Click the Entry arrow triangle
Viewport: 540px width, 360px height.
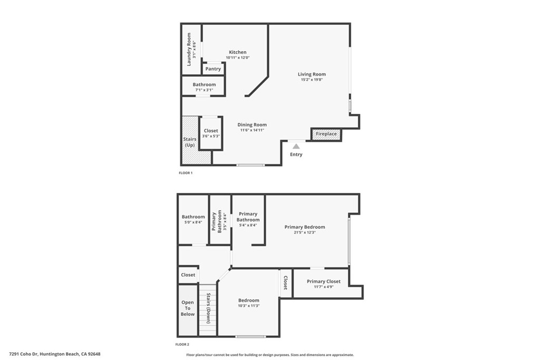pyautogui.click(x=296, y=147)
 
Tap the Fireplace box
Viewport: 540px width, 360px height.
pyautogui.click(x=326, y=134)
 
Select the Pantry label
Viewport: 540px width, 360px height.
pyautogui.click(x=213, y=69)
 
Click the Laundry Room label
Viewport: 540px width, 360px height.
pyautogui.click(x=189, y=49)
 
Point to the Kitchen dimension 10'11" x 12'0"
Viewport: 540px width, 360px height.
pyautogui.click(x=238, y=57)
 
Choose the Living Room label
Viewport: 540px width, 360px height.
pyautogui.click(x=312, y=74)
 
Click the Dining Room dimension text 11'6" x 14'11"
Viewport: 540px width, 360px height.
pyautogui.click(x=252, y=130)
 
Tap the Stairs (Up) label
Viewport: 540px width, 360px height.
pyautogui.click(x=190, y=142)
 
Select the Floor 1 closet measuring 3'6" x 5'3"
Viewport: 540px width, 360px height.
pyautogui.click(x=211, y=133)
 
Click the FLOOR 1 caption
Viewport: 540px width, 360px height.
pyautogui.click(x=186, y=173)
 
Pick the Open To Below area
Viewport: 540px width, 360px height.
pyautogui.click(x=188, y=310)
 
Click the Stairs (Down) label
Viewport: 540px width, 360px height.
pyautogui.click(x=208, y=308)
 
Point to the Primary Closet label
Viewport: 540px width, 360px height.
pyautogui.click(x=324, y=281)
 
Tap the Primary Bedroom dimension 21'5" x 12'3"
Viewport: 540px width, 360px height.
pyautogui.click(x=305, y=232)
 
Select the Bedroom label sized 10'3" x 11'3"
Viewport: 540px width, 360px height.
pyautogui.click(x=249, y=300)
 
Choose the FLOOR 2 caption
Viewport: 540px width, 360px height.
pyautogui.click(x=182, y=344)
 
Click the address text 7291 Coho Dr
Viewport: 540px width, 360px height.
pyautogui.click(x=24, y=354)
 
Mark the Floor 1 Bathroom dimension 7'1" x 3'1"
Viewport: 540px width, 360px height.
pyautogui.click(x=204, y=90)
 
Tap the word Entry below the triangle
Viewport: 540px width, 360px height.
pyautogui.click(x=296, y=154)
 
